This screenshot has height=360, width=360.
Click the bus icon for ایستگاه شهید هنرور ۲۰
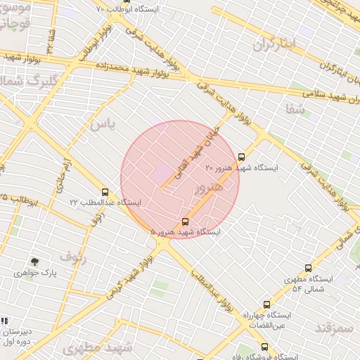pyautogui.click(x=242, y=157)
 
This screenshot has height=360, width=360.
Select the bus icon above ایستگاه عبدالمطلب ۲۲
pyautogui.click(x=105, y=192)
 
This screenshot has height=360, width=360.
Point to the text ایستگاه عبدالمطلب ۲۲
pyautogui.click(x=105, y=202)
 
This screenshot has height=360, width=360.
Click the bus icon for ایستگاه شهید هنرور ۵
pyautogui.click(x=185, y=221)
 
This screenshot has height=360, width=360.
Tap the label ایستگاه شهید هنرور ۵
pyautogui.click(x=185, y=231)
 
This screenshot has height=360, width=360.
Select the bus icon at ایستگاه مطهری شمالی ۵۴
pyautogui.click(x=308, y=268)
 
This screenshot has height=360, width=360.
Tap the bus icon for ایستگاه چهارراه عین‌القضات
pyautogui.click(x=266, y=304)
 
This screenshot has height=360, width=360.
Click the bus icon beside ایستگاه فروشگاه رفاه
pyautogui.click(x=264, y=346)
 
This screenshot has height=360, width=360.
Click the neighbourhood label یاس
pyautogui.click(x=101, y=124)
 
